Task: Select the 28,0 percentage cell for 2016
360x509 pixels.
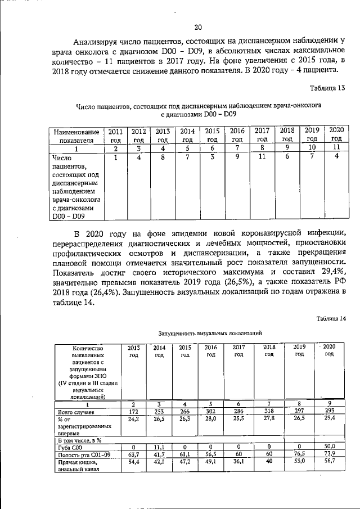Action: tap(211, 420)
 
